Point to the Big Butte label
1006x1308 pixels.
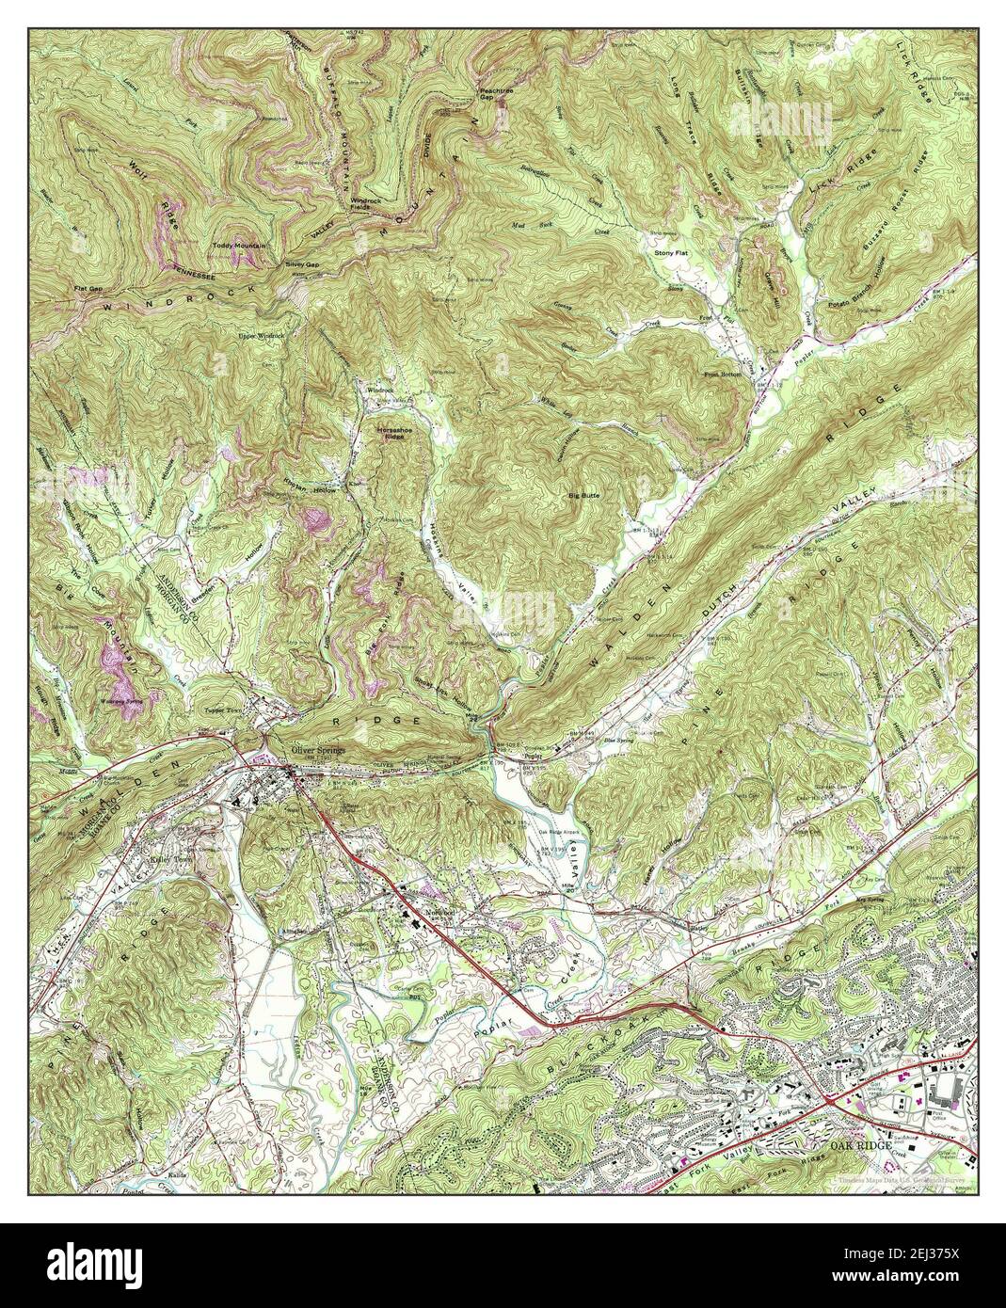coord(583,494)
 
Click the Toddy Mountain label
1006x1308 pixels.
coord(239,246)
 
